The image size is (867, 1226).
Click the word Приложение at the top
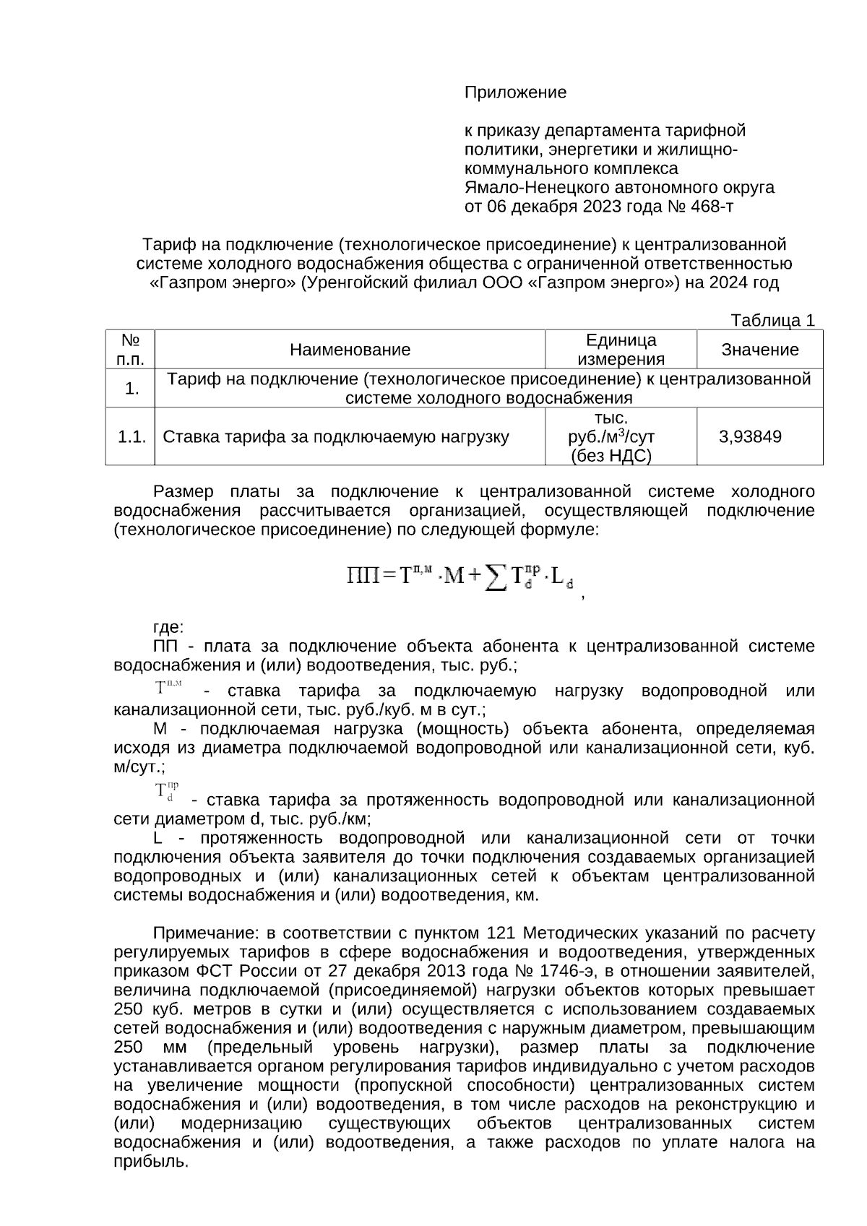[x=514, y=92]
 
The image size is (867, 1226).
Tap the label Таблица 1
[x=772, y=320]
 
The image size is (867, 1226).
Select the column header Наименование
[x=350, y=350]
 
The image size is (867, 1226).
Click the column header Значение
[x=759, y=350]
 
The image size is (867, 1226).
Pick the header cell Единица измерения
[x=621, y=350]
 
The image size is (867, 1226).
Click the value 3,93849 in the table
[x=750, y=436]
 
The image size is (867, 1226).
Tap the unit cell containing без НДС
[x=611, y=456]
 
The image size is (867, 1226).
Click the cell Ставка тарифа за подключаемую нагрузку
[x=336, y=436]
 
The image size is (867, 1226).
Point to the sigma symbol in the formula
[x=495, y=577]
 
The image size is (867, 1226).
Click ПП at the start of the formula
[x=359, y=576]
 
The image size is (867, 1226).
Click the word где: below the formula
[x=168, y=626]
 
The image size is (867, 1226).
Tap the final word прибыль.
[x=151, y=1162]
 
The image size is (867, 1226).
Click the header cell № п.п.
[x=131, y=350]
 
